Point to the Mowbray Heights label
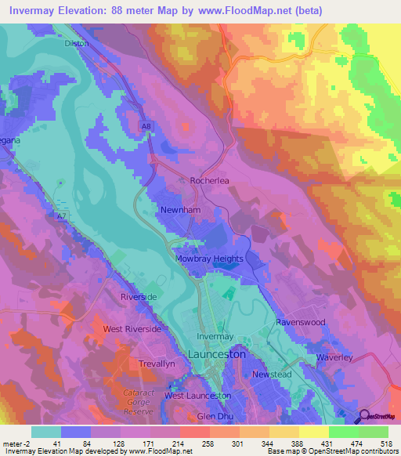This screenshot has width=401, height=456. click(x=208, y=259)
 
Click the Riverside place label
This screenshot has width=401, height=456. click(x=139, y=298)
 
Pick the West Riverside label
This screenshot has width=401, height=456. click(x=132, y=329)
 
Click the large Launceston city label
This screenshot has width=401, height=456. click(x=218, y=354)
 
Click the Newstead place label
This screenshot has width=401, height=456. click(x=272, y=375)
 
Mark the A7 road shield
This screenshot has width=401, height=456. click(x=61, y=215)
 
